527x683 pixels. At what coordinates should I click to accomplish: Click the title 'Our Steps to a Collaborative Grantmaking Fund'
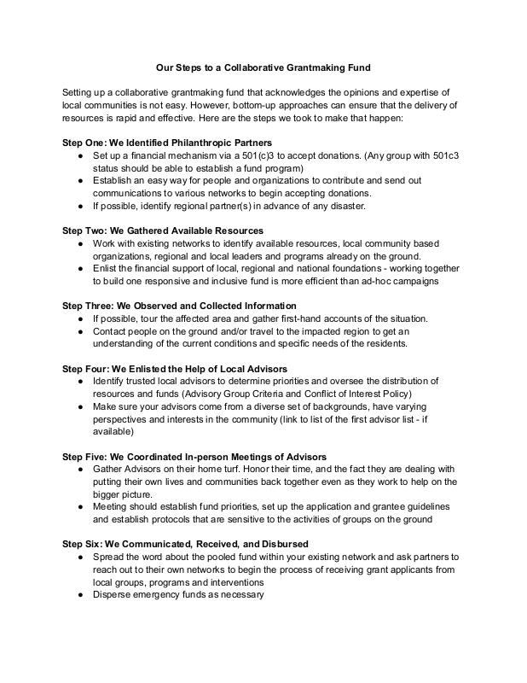263,65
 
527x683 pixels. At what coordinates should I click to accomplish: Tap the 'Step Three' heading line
180,305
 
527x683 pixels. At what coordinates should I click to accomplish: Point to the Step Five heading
194,456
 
